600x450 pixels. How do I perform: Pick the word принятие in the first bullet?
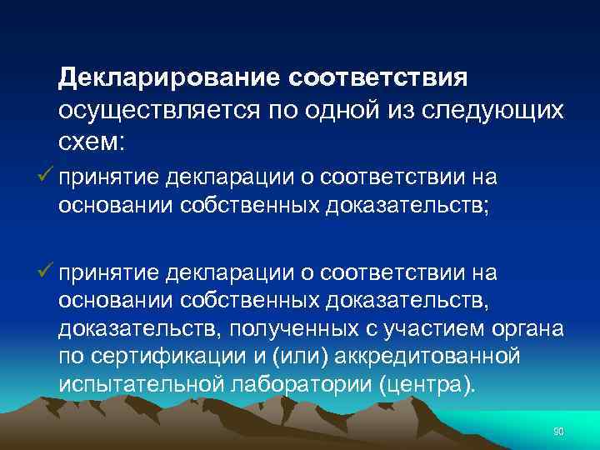(108, 176)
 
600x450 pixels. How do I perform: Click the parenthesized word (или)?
(286, 357)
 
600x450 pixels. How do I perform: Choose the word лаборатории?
(282, 386)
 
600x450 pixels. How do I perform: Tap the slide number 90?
(558, 431)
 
